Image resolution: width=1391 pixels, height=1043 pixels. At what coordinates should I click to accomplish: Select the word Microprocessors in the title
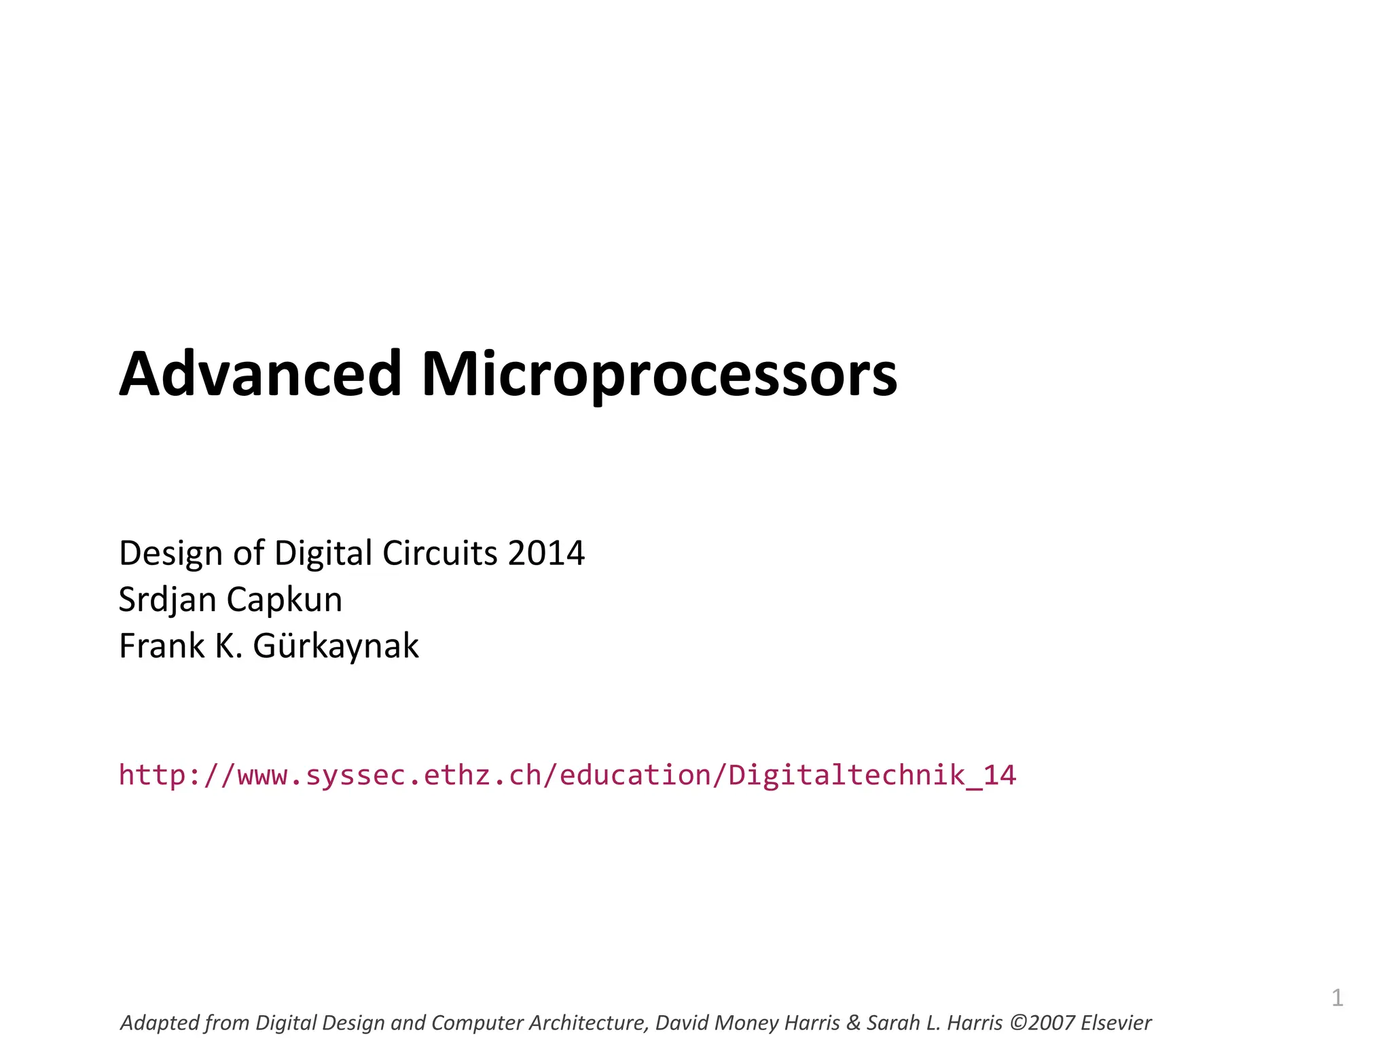[659, 376]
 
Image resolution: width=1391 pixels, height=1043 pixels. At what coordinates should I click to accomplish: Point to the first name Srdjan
[167, 600]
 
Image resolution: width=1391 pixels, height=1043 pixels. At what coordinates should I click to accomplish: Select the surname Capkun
[284, 600]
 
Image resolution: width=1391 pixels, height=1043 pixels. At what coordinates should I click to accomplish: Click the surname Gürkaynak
[336, 646]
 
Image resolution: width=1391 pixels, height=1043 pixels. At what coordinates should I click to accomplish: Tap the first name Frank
[162, 646]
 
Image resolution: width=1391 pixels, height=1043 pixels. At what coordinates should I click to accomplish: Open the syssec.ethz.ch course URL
[567, 775]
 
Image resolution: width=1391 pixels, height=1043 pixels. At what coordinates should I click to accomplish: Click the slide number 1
[1337, 998]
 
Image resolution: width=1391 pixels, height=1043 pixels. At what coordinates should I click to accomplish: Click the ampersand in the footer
[853, 1023]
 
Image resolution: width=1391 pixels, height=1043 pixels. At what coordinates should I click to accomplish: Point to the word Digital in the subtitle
[323, 553]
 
